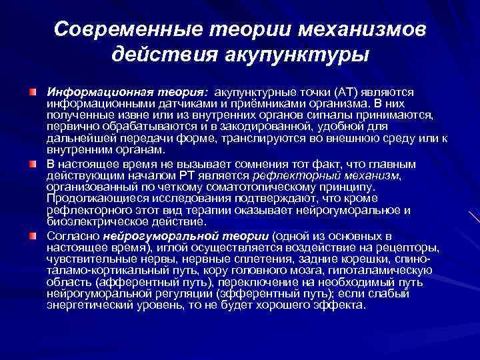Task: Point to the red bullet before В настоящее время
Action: click(x=33, y=163)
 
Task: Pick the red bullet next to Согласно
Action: click(x=33, y=237)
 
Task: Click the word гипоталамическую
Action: click(x=382, y=271)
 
